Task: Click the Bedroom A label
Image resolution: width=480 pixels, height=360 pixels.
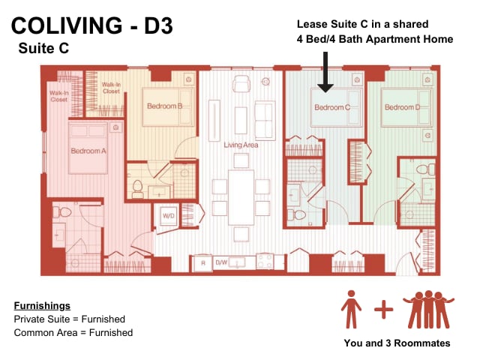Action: click(88, 151)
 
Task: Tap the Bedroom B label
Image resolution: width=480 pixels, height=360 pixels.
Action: click(165, 106)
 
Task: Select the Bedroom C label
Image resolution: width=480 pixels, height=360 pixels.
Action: click(332, 107)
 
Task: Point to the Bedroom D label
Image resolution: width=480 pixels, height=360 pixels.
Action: click(403, 107)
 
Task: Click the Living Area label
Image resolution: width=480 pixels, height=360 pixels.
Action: click(241, 145)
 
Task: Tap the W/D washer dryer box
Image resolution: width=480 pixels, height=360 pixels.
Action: click(169, 216)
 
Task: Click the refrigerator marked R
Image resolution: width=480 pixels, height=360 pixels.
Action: click(203, 263)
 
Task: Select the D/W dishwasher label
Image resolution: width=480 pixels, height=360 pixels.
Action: click(221, 262)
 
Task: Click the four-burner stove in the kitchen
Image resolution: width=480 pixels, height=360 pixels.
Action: click(265, 261)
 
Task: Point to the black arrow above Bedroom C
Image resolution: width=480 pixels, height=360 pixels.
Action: click(325, 72)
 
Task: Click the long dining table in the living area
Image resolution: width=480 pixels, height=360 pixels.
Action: click(241, 197)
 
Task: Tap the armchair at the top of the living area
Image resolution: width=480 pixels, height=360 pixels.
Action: click(241, 84)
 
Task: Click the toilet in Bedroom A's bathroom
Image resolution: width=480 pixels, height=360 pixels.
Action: click(62, 212)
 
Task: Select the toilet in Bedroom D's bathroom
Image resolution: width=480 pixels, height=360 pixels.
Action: click(426, 169)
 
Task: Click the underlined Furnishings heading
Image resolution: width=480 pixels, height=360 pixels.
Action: click(42, 306)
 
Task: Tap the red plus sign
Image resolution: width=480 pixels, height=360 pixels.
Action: click(383, 310)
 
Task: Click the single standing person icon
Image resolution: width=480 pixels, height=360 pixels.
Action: click(351, 309)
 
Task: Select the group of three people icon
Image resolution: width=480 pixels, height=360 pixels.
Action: click(428, 310)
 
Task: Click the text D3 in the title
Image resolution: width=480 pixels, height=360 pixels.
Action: click(158, 25)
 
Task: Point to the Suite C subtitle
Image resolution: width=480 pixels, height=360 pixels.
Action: click(43, 48)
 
